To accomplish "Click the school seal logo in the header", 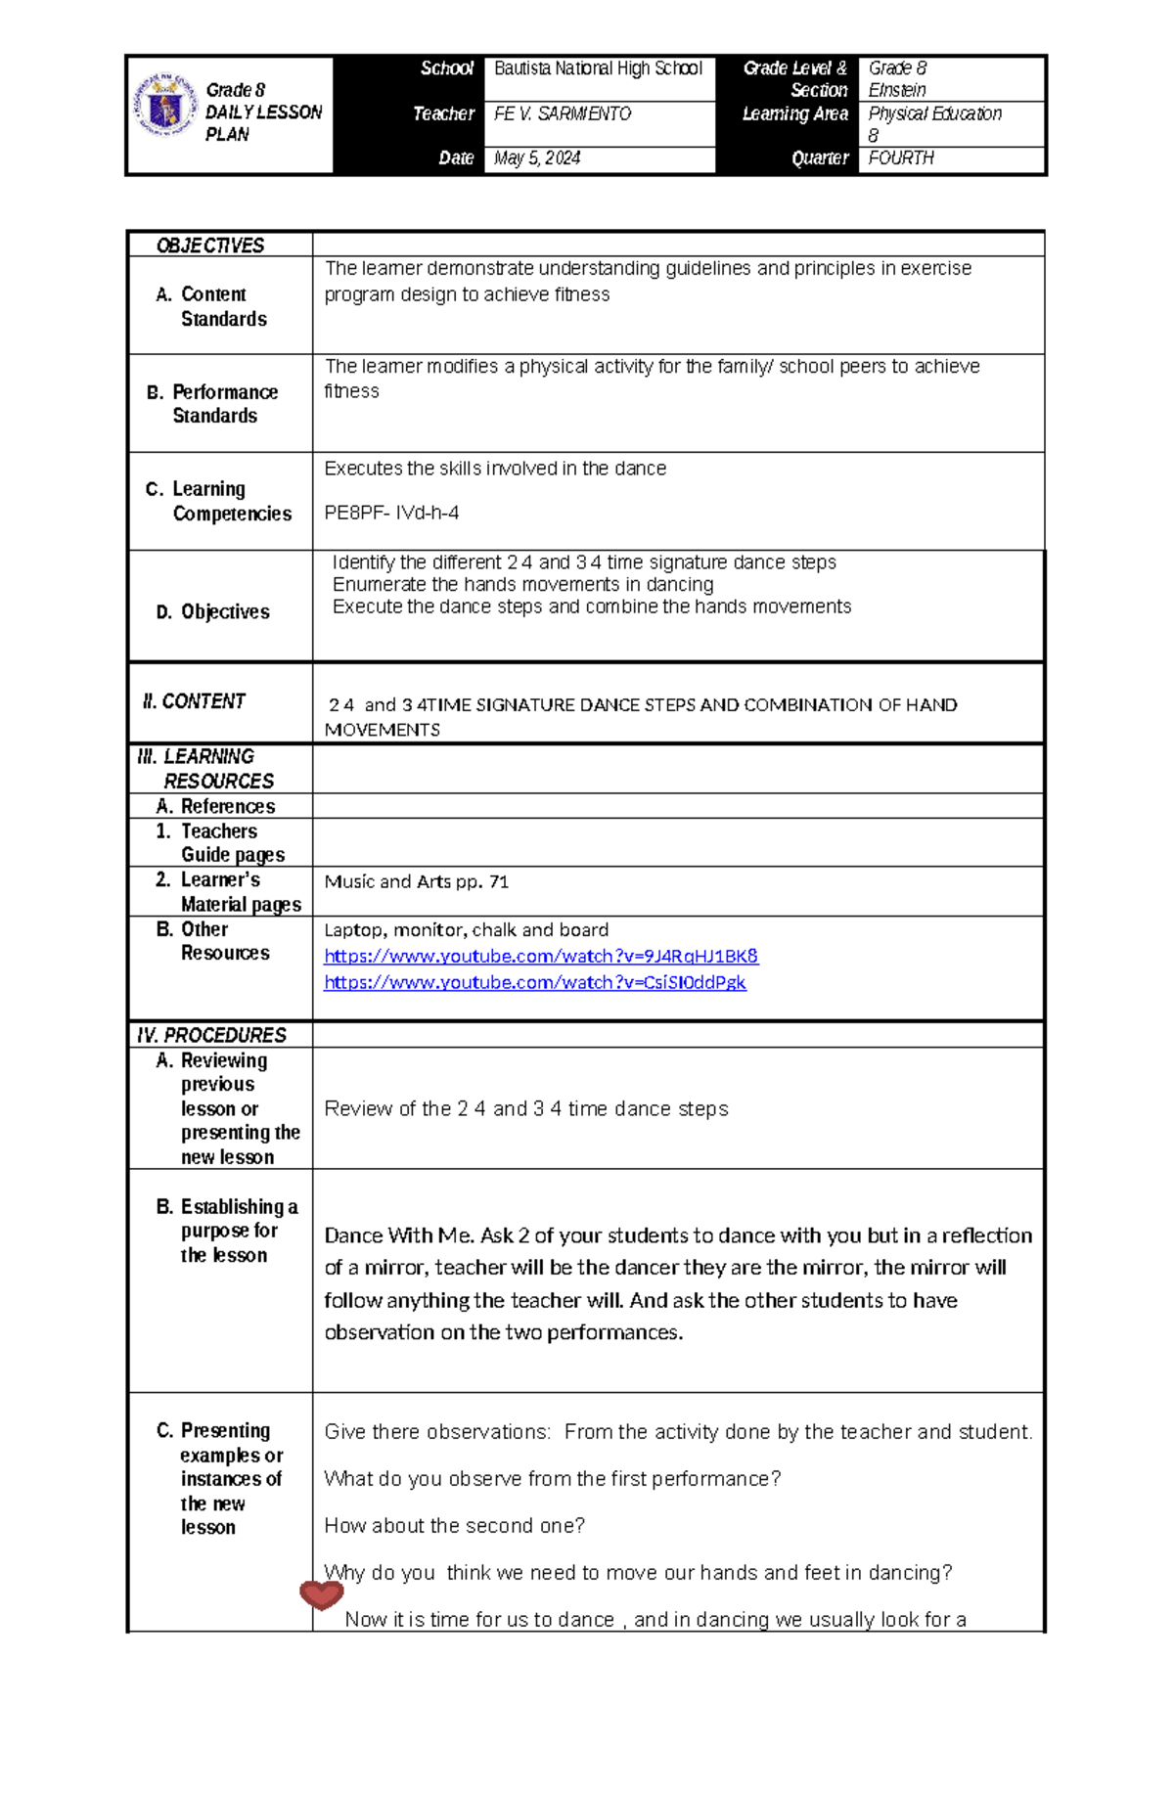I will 164,105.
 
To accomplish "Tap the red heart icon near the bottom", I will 321,1595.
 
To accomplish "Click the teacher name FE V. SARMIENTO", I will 563,114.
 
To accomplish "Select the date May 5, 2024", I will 537,158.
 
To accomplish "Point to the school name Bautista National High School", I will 598,68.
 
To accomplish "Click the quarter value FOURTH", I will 901,158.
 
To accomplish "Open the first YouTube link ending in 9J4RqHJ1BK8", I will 541,956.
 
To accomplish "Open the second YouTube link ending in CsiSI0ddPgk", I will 535,982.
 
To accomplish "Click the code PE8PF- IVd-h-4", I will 391,513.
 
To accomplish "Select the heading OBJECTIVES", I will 210,246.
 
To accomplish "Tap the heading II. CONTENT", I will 194,701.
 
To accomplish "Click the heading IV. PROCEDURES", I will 211,1035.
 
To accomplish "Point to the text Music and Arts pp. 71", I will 417,881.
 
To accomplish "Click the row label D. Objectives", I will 213,612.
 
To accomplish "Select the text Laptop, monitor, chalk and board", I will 466,930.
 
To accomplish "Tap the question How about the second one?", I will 455,1525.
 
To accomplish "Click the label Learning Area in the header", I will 794,114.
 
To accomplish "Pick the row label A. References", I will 215,806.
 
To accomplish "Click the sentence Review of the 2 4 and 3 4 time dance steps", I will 526,1108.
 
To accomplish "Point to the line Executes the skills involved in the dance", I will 495,469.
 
